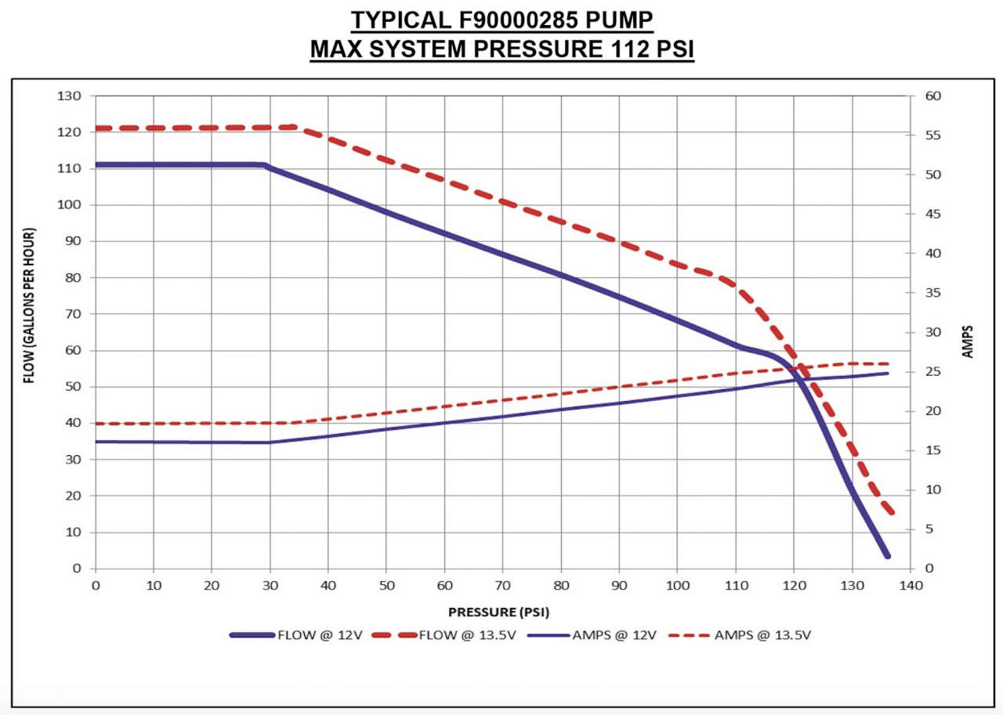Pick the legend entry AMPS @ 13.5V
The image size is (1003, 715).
point(762,635)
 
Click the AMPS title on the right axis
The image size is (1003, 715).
point(967,341)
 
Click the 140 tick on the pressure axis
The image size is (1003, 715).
point(909,586)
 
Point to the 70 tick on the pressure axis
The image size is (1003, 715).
point(502,586)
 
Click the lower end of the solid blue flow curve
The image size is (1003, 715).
point(887,555)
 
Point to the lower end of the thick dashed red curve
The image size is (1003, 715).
point(890,512)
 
